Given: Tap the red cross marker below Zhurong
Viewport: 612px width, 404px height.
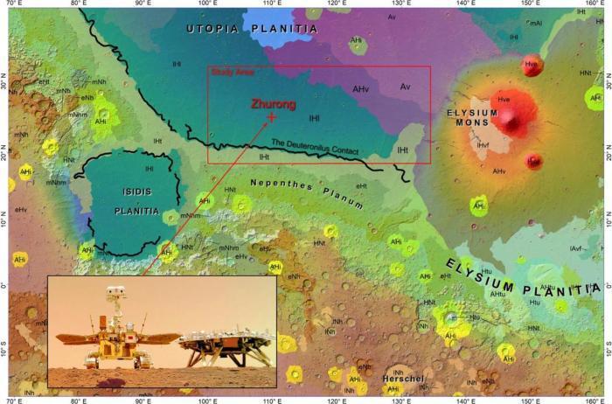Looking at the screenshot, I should click(x=272, y=116).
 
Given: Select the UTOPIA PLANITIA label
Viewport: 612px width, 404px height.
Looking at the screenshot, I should click(x=251, y=29).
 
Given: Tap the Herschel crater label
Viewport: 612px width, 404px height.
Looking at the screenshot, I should click(x=402, y=378).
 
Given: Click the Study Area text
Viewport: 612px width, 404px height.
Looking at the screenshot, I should click(x=226, y=73).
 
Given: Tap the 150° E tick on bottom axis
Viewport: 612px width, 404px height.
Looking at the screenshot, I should click(x=529, y=400).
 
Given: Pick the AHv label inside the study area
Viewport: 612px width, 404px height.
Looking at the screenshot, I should click(x=361, y=89).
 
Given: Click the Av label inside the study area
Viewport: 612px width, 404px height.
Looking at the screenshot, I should click(x=405, y=86).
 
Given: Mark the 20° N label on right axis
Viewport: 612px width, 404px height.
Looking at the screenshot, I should click(x=602, y=154).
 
